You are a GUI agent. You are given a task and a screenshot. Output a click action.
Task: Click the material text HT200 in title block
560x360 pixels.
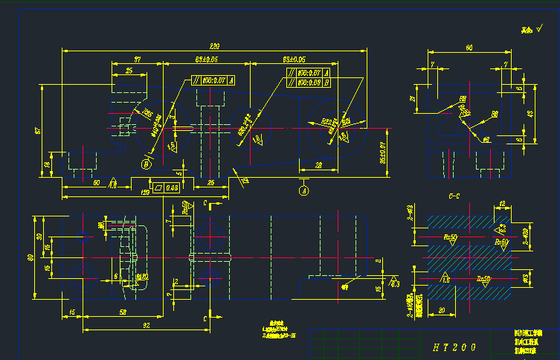454,347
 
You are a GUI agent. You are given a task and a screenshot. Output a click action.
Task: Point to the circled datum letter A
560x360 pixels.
303,190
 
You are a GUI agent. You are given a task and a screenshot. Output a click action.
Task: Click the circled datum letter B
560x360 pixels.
147,163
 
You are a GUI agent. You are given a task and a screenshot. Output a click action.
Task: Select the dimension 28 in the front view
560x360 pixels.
318,164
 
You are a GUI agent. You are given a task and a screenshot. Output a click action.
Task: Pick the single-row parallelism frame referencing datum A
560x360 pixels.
213,80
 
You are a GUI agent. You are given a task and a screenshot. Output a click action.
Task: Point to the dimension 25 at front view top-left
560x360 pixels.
129,71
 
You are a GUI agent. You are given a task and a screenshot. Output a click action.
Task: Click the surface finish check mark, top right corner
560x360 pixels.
530,31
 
